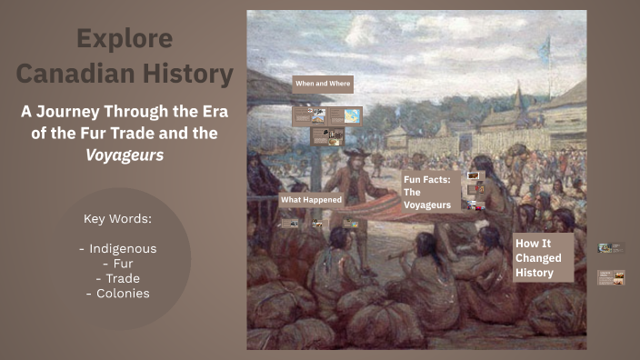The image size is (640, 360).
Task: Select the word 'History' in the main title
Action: (x=188, y=73)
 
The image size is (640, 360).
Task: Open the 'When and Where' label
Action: (x=323, y=84)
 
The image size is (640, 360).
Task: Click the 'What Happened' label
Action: (x=311, y=199)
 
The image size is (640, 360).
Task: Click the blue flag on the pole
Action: (x=545, y=51)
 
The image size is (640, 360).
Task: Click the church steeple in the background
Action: (x=517, y=95)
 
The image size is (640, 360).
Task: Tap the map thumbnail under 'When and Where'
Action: (x=351, y=116)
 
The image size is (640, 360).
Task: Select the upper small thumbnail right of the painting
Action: (x=611, y=247)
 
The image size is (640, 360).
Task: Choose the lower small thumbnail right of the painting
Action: (x=611, y=277)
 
